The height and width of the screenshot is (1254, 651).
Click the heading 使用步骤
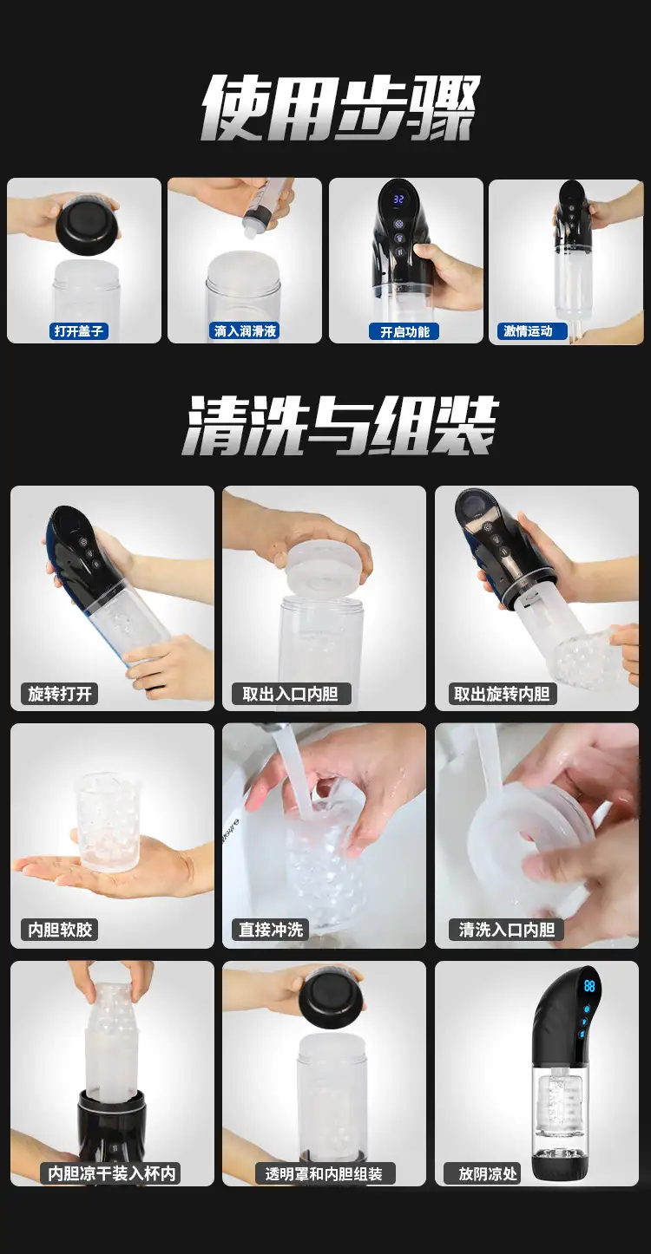coord(339,108)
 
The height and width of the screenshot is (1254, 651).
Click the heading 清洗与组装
coord(339,426)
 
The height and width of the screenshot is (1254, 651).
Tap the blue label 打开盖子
coord(78,331)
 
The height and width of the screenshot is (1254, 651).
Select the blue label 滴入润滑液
coord(245,331)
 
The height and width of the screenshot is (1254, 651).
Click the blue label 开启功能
coord(404,332)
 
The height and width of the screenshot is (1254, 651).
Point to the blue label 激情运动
coord(527,331)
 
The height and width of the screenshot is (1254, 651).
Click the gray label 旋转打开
coord(60,694)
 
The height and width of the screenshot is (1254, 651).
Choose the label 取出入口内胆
coord(291,694)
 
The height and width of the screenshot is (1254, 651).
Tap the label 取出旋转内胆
coord(502,694)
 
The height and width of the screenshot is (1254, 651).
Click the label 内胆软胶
coord(60,930)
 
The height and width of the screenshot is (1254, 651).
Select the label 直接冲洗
coord(271,930)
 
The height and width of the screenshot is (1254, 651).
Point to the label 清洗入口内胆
coord(506,930)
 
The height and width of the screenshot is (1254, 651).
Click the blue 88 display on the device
coord(589,985)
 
